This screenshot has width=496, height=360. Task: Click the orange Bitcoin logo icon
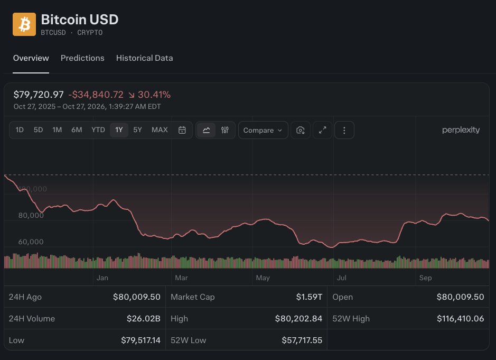point(24,24)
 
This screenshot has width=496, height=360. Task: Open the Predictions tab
point(82,58)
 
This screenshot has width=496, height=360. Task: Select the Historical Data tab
point(145,58)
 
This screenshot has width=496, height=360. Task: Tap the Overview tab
point(31,58)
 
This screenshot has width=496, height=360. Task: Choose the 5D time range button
point(38,130)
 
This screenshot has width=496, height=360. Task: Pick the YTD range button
point(98,130)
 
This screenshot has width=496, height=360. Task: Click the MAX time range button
point(160,130)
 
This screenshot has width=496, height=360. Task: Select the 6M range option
point(77,130)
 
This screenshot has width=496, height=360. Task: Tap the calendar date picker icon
point(182,130)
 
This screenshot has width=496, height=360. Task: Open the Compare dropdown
point(263,130)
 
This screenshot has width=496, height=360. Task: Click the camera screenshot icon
point(301,130)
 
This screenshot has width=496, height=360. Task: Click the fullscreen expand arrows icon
point(322,130)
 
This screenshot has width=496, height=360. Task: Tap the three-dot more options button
point(344,130)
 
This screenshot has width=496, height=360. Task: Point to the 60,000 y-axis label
point(31,242)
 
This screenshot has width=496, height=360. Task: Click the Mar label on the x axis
point(181,278)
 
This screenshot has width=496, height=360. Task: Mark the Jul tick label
point(342,278)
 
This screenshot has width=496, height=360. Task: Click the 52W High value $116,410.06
point(460,319)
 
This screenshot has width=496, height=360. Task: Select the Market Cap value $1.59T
point(309,297)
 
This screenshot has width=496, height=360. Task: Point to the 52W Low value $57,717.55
point(302,340)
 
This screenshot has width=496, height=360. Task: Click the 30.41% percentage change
point(154,95)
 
